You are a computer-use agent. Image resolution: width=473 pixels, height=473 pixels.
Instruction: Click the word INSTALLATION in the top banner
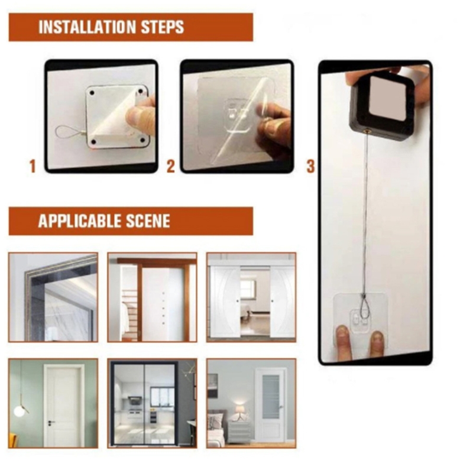[x=87, y=27]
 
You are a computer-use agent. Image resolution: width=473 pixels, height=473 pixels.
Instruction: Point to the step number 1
[x=33, y=166]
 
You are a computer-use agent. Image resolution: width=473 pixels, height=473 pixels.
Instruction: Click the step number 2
[x=171, y=166]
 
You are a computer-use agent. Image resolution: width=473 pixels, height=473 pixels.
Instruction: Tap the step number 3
[x=311, y=166]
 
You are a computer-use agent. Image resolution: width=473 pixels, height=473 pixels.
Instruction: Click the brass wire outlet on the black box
[x=367, y=131]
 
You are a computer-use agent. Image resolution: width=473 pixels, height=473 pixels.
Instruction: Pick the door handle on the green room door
[x=51, y=422]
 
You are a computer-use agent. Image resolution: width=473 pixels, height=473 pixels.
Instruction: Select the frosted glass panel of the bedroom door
[x=270, y=397]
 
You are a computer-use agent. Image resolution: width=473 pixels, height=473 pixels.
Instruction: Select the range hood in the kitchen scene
[x=134, y=400]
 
